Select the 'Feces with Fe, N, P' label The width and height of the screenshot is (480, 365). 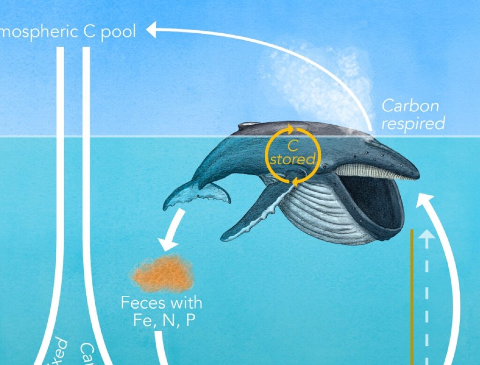pyautogui.click(x=162, y=310)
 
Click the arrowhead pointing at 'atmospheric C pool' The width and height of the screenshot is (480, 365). pyautogui.click(x=151, y=31)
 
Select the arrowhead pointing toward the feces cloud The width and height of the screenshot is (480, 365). pyautogui.click(x=167, y=244)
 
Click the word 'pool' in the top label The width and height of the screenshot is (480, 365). pyautogui.click(x=118, y=31)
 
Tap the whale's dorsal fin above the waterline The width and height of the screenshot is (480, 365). pyautogui.click(x=248, y=125)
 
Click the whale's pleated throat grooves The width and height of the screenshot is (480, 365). pyautogui.click(x=323, y=211)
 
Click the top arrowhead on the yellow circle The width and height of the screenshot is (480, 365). pyautogui.click(x=291, y=127)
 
